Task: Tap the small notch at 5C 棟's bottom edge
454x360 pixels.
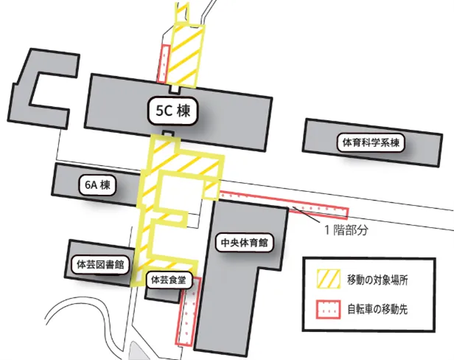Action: click(x=171, y=133)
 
